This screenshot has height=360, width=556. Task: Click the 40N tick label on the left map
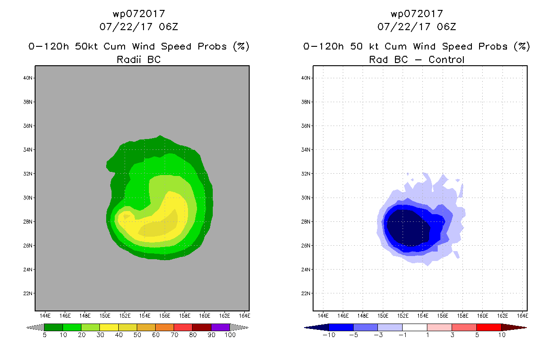[x=28, y=78]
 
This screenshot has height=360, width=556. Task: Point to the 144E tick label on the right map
[x=323, y=316]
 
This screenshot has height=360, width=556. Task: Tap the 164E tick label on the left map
[x=245, y=316]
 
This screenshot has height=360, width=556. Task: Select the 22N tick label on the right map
[x=306, y=293]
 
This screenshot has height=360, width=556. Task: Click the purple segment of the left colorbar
[x=220, y=327]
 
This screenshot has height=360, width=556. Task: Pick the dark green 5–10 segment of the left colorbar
[x=54, y=327]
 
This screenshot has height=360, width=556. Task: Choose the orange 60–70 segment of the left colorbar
[x=165, y=327]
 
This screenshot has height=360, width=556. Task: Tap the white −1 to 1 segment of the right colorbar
[x=415, y=327]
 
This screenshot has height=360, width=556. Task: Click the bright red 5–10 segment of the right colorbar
[x=489, y=327]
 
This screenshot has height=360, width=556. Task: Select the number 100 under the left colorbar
[x=230, y=335]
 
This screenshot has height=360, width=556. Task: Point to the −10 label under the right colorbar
[x=329, y=335]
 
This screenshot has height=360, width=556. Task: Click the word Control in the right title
[x=446, y=59]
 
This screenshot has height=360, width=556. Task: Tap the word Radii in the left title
[x=129, y=59]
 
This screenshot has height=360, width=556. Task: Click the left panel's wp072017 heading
[x=139, y=14]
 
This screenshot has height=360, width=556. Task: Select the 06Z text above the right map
[x=446, y=27]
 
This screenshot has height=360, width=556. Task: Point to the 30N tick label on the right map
[x=306, y=198]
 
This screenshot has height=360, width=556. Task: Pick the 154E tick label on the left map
[x=145, y=316]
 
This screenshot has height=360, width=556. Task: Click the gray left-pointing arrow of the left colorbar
[x=35, y=328]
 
